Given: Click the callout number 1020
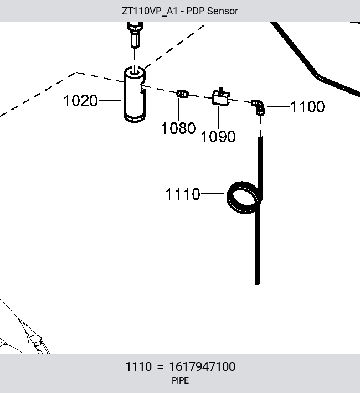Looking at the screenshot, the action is click(x=80, y=101).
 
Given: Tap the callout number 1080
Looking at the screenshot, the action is click(x=178, y=128).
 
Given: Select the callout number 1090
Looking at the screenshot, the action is click(x=218, y=137).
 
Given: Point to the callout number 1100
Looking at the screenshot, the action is click(x=307, y=107).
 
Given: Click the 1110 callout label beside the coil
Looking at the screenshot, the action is click(x=183, y=194).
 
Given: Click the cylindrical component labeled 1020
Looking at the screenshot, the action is click(x=135, y=95).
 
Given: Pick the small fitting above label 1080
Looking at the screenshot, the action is click(x=182, y=94).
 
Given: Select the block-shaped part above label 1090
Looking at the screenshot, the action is click(x=221, y=97).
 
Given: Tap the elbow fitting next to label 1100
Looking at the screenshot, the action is click(x=259, y=107).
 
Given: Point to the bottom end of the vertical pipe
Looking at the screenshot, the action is click(x=257, y=283).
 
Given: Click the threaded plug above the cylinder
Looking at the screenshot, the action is click(x=135, y=34).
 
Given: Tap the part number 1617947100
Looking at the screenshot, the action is click(x=202, y=366).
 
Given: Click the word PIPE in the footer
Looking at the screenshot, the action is click(x=180, y=381).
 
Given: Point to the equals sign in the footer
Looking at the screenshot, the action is click(x=160, y=367).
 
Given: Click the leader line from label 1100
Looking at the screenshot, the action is click(x=278, y=107).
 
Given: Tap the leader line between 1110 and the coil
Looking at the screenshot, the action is click(x=212, y=193).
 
